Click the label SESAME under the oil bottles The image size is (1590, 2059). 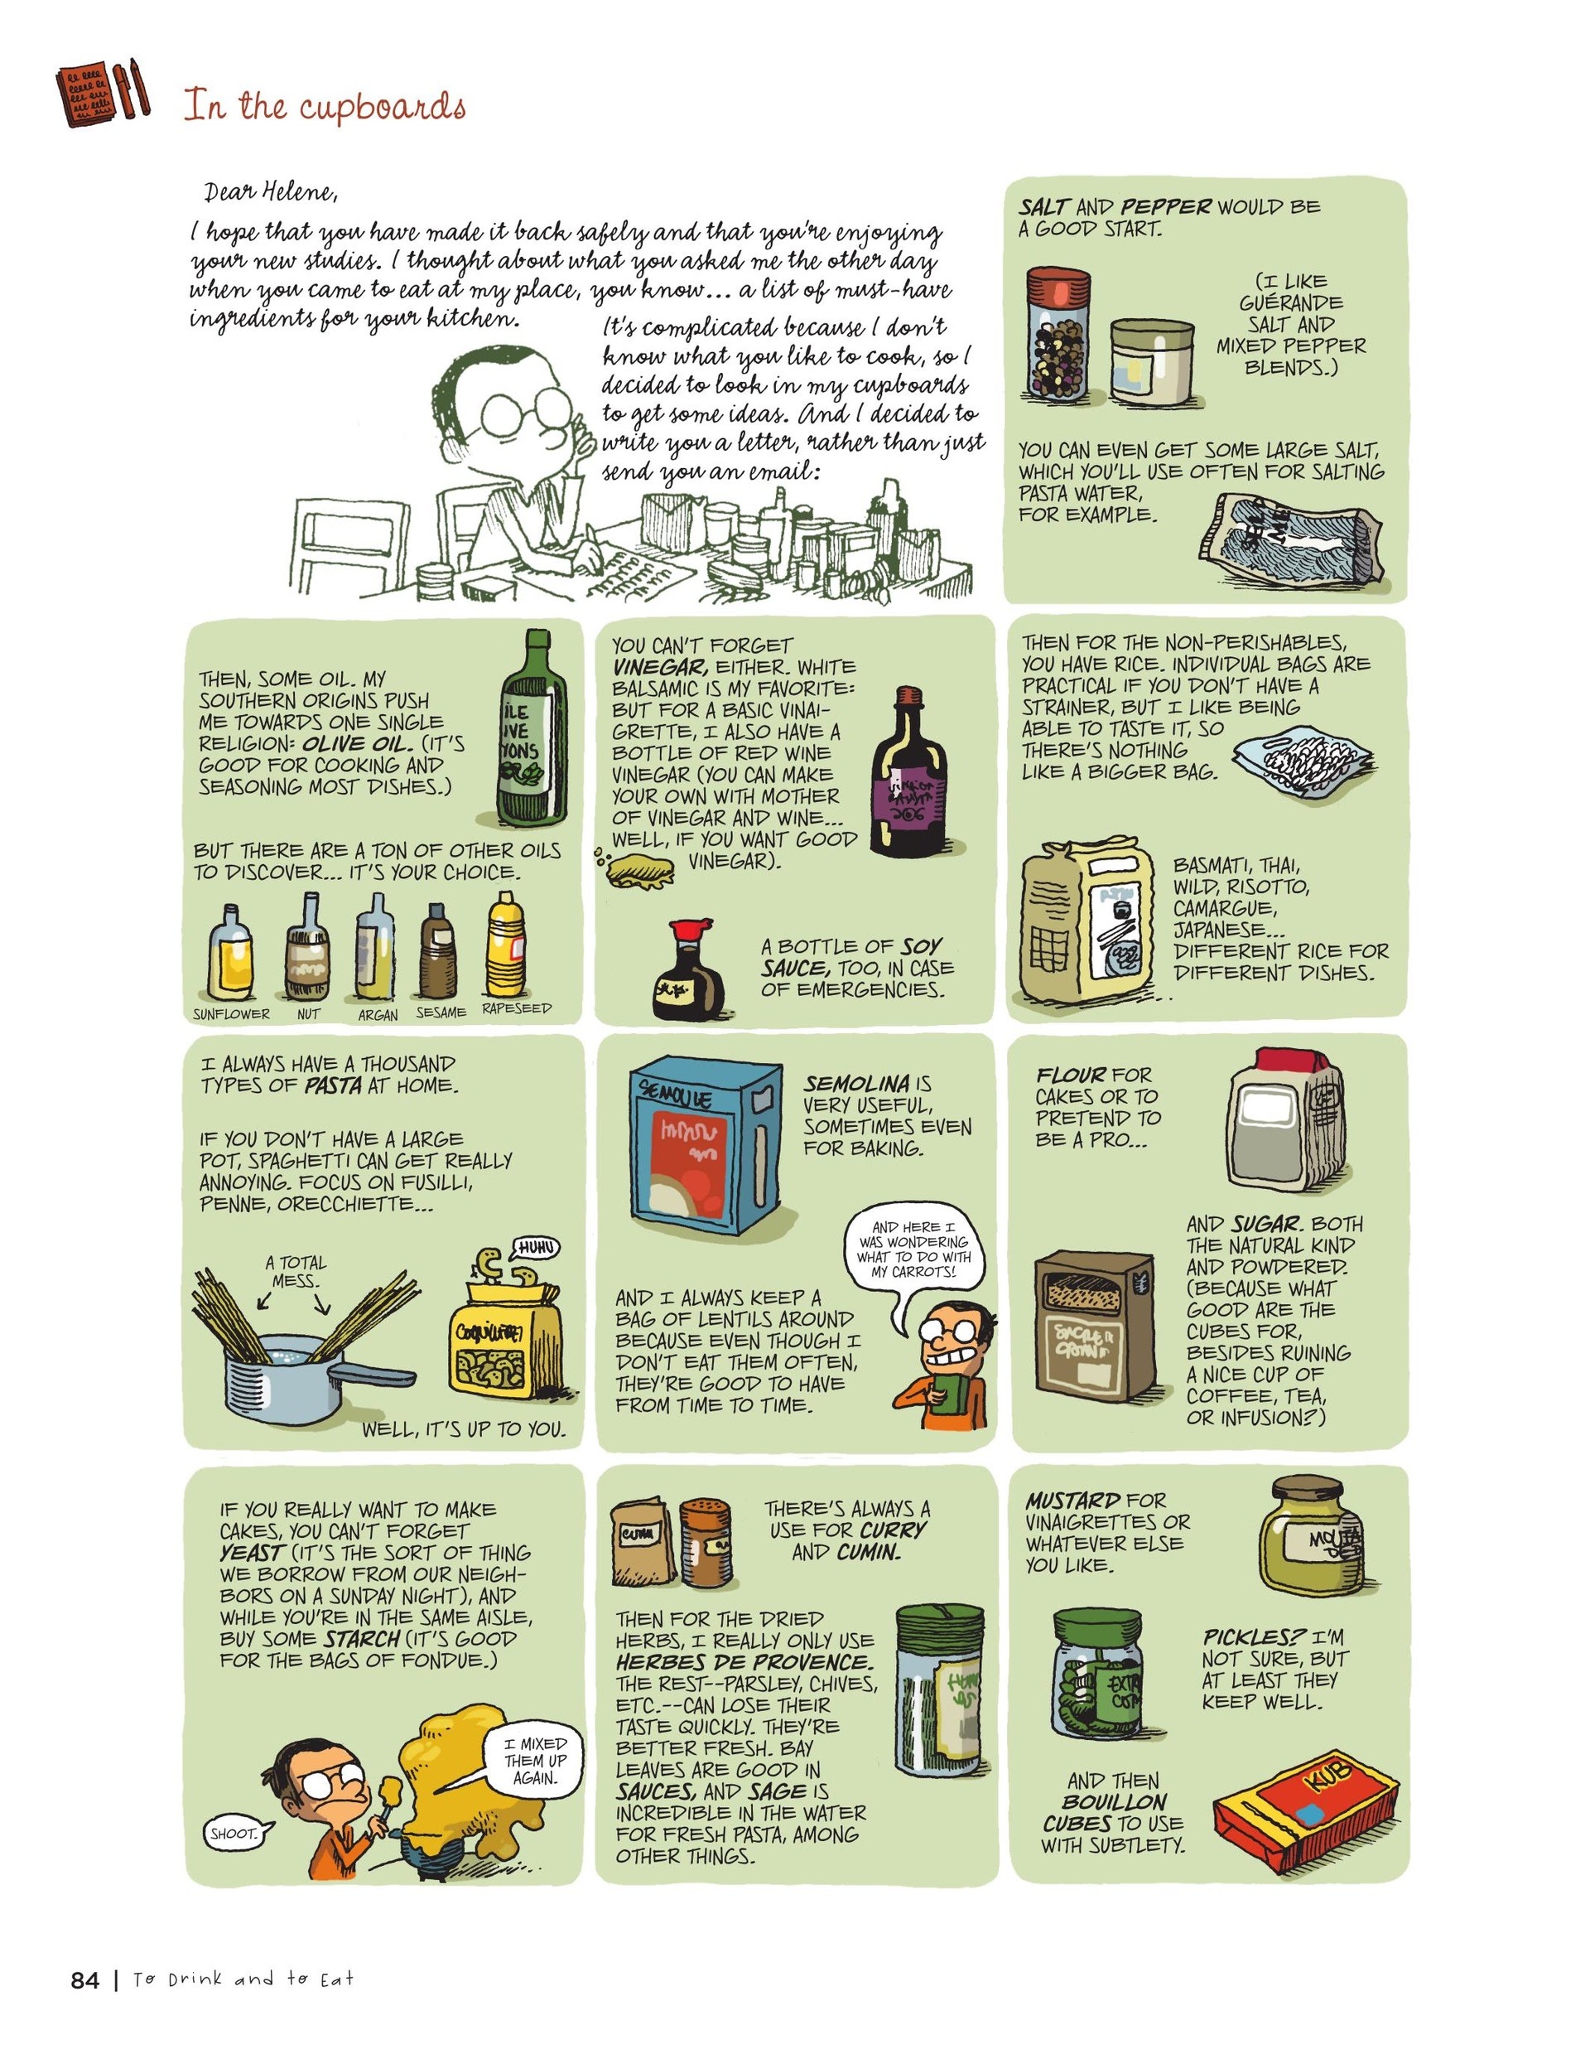(440, 1013)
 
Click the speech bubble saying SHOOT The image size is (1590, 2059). (234, 1834)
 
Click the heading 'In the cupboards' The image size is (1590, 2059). (325, 107)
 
